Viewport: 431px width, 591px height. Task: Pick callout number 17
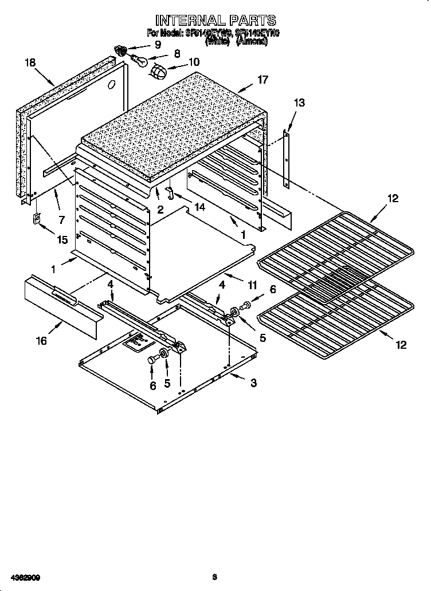(x=262, y=80)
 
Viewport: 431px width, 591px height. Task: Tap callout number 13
(x=299, y=103)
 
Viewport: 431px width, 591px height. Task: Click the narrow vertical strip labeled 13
(x=287, y=159)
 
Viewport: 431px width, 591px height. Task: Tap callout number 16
(x=41, y=341)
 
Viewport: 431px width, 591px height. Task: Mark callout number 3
(x=253, y=383)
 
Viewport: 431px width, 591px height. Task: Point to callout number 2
(x=160, y=210)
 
